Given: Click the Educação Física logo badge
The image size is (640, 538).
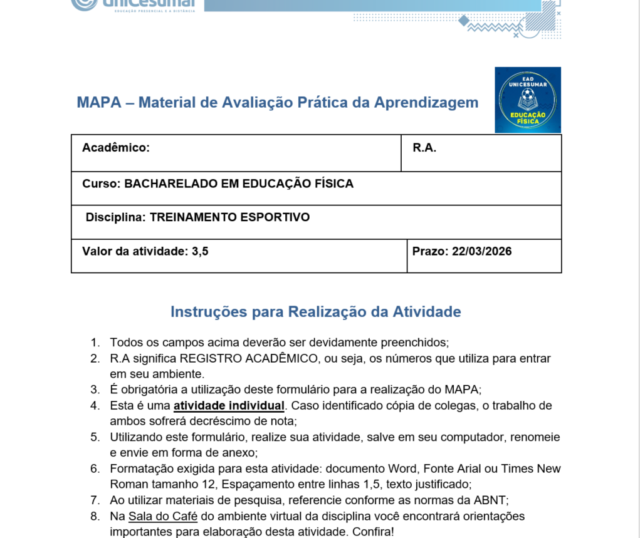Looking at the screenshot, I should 528,100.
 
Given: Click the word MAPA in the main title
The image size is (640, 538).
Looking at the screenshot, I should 98,103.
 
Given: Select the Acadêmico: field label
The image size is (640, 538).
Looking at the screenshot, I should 115,148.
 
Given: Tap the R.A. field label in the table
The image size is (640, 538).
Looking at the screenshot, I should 424,148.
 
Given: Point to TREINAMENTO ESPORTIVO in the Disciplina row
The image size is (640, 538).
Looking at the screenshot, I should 229,218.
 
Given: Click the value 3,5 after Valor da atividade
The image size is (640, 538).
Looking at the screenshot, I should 200,252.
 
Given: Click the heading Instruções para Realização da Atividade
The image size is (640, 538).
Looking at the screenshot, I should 316,312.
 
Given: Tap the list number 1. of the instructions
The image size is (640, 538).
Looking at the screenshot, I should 95,343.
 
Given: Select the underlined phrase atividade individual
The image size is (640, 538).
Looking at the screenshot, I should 229,406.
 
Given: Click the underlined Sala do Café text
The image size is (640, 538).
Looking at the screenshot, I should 163,517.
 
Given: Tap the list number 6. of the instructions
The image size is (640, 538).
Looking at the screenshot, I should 95,469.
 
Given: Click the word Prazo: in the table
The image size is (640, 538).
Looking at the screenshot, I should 430,252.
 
